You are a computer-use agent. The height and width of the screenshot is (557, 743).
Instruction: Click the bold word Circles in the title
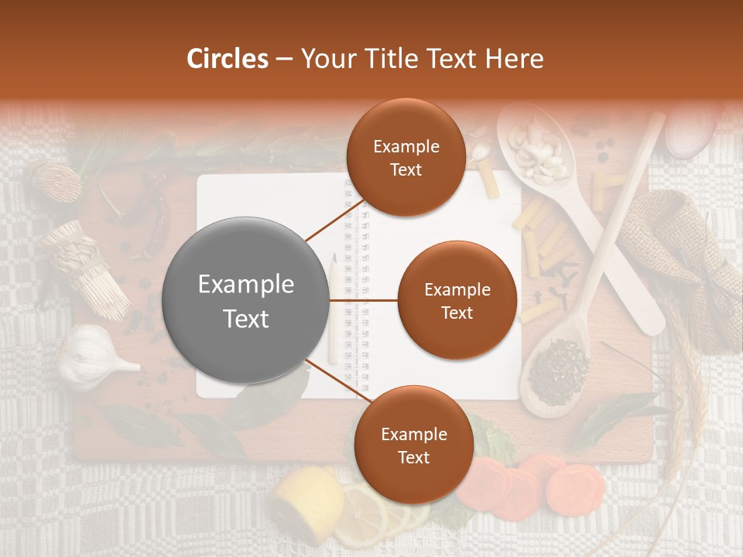227,59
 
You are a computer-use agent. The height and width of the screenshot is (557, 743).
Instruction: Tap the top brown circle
405,157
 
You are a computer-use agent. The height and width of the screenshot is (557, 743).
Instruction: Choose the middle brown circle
457,300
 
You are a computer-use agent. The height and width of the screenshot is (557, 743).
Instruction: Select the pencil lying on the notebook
334,309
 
